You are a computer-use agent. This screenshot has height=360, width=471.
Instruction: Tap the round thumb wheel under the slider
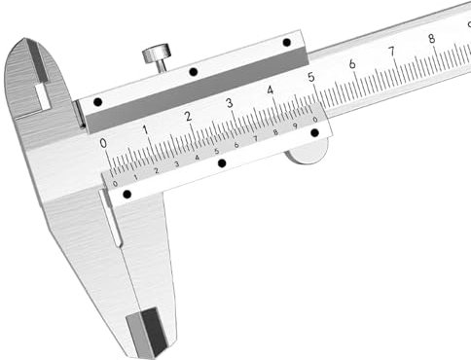pos(308,150)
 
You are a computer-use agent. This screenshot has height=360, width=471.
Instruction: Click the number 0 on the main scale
pos(104,142)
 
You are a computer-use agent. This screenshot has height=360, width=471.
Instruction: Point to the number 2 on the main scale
pos(187,116)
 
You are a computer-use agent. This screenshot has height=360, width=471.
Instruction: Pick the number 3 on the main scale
pos(229,103)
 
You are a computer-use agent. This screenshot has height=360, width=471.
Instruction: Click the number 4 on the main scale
pos(270,90)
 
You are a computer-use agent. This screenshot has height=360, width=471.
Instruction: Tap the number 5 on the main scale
pos(310,77)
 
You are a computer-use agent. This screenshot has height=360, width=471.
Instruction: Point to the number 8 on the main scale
pos(431,39)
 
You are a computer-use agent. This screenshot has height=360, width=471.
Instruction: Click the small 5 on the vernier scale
pos(216,152)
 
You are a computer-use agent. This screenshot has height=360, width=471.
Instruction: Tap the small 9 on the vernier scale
pos(295,126)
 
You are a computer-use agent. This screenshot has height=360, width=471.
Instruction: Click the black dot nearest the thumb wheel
pos(314,132)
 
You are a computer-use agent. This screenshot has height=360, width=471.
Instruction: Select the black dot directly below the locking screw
pos(193,72)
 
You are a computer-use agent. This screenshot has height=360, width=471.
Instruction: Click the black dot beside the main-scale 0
pos(97,102)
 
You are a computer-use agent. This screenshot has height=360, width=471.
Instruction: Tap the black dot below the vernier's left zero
pos(127,194)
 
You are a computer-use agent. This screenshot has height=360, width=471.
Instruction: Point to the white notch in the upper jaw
pos(42,96)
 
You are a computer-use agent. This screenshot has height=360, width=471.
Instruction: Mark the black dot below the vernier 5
pos(222,163)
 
